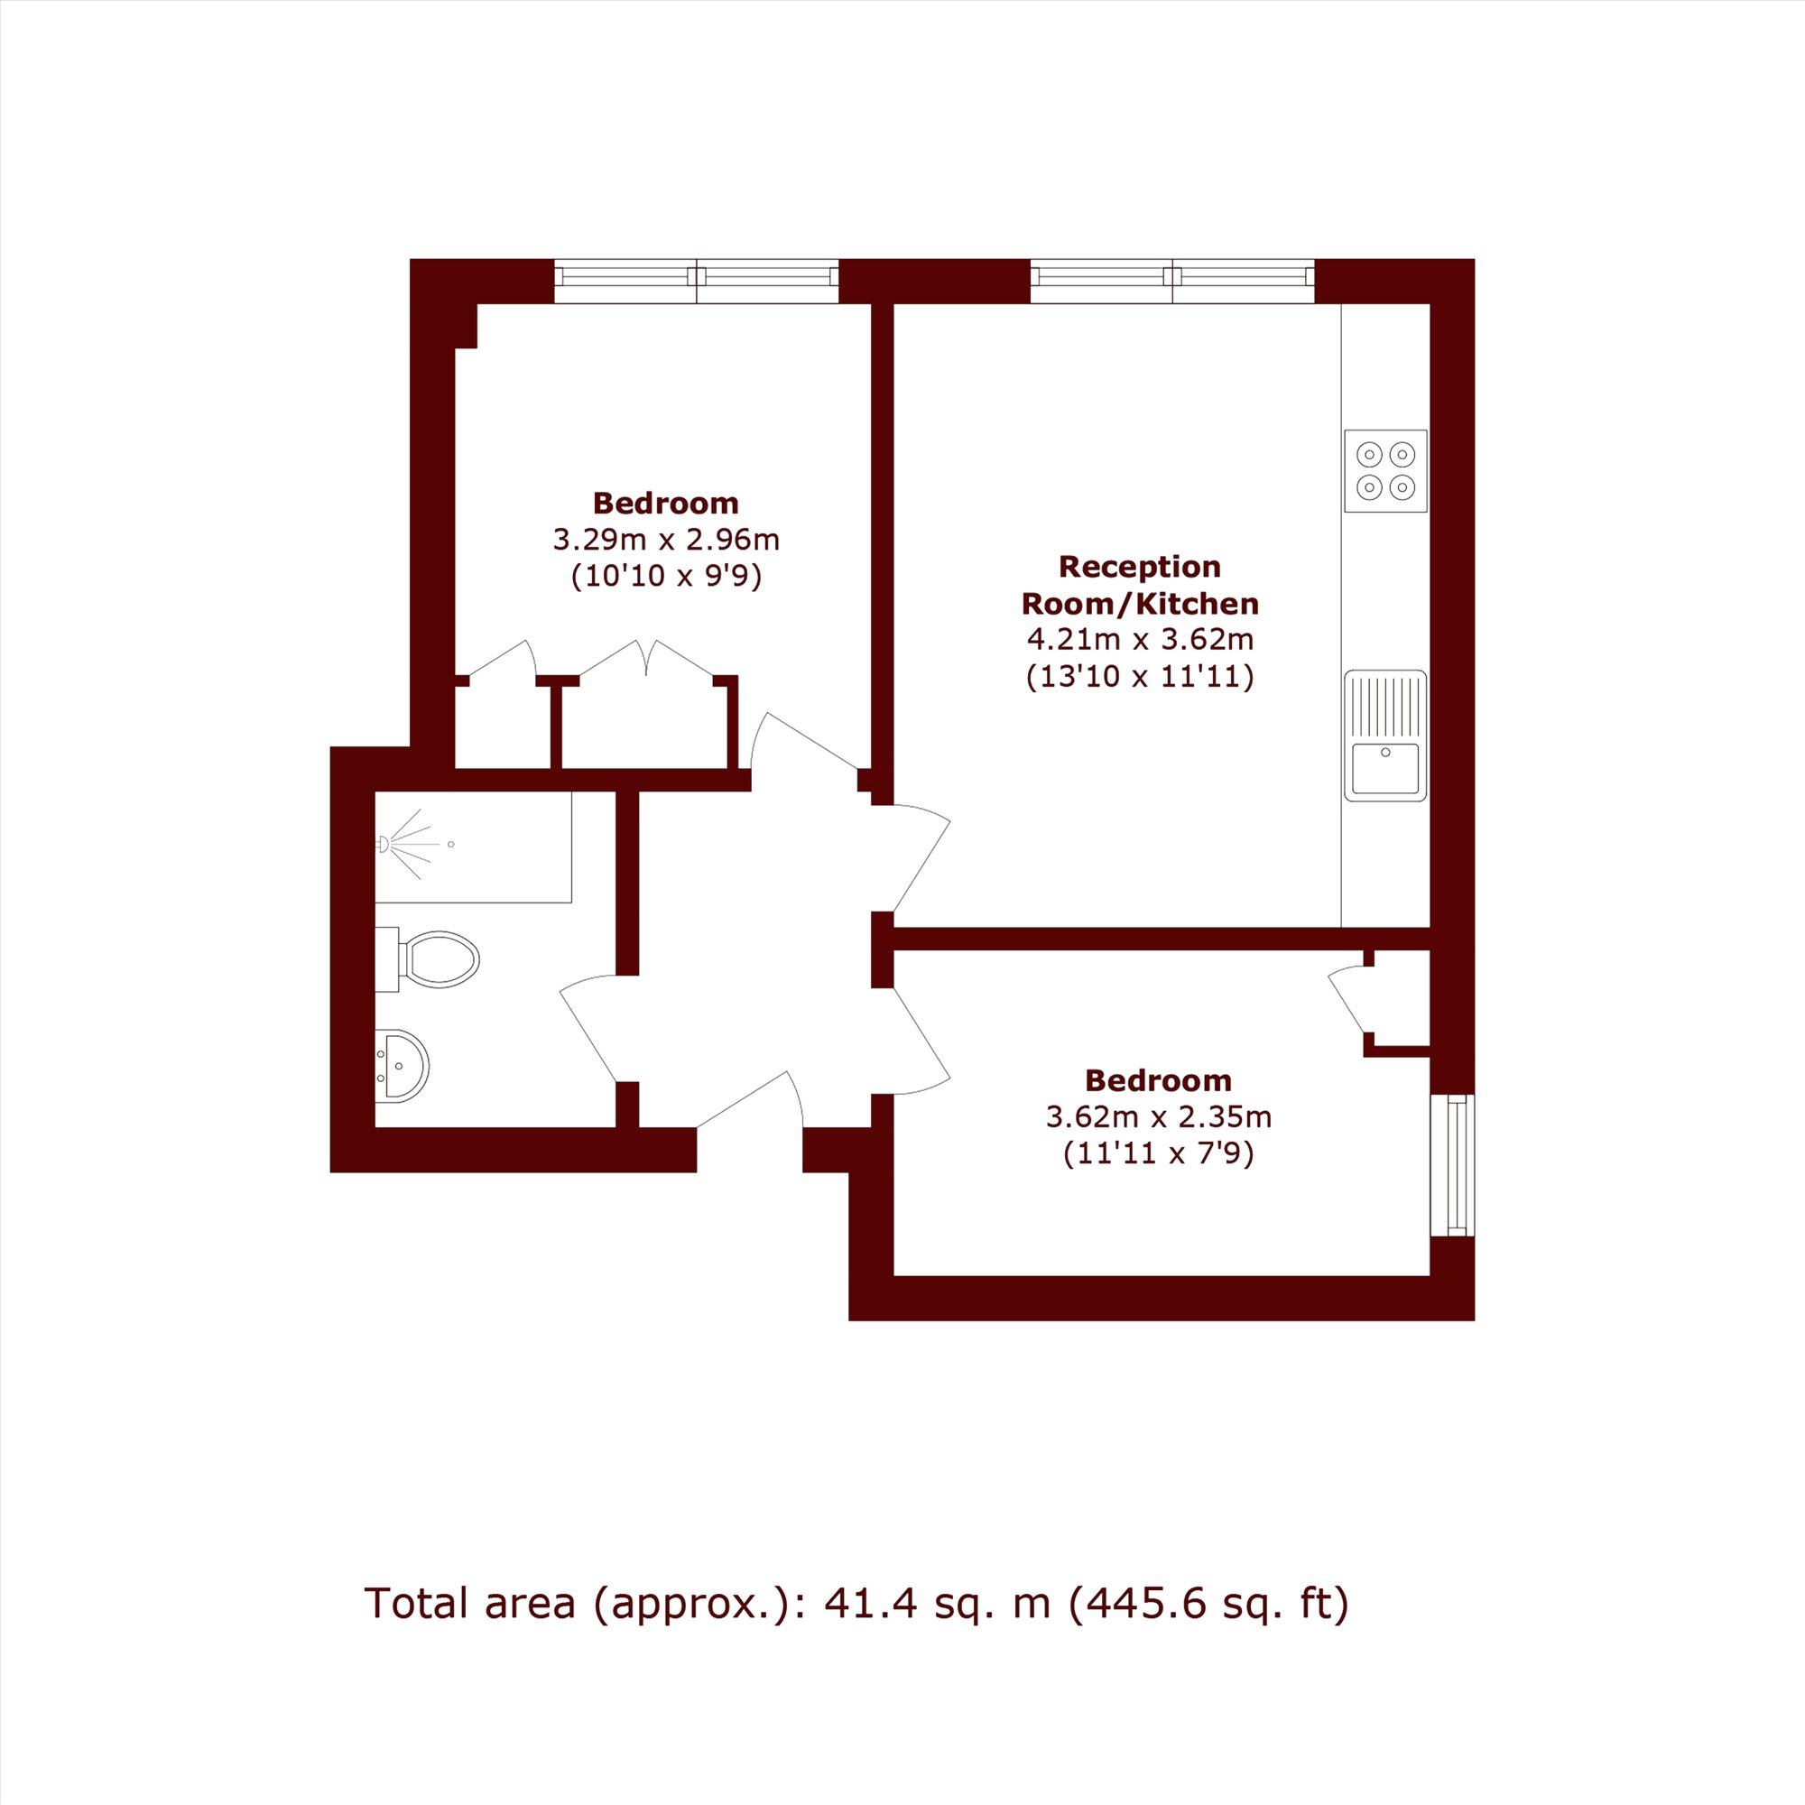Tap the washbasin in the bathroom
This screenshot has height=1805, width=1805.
click(x=402, y=1065)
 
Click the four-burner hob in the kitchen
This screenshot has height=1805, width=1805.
click(x=1385, y=471)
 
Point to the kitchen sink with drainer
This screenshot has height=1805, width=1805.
click(x=1385, y=736)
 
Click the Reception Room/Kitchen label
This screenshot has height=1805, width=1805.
click(x=1140, y=585)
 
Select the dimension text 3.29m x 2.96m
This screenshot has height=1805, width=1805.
click(x=666, y=540)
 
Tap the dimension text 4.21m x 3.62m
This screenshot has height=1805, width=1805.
click(x=1140, y=640)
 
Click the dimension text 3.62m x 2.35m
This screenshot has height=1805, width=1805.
click(x=1159, y=1116)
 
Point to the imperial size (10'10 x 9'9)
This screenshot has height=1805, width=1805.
click(x=666, y=577)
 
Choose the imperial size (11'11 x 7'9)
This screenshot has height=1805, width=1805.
click(x=1159, y=1153)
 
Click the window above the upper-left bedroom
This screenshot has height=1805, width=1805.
click(x=697, y=281)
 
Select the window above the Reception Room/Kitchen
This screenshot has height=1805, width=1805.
click(x=1172, y=281)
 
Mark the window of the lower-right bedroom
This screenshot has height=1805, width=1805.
click(x=1453, y=1165)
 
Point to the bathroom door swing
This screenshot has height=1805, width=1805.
click(x=588, y=1028)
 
